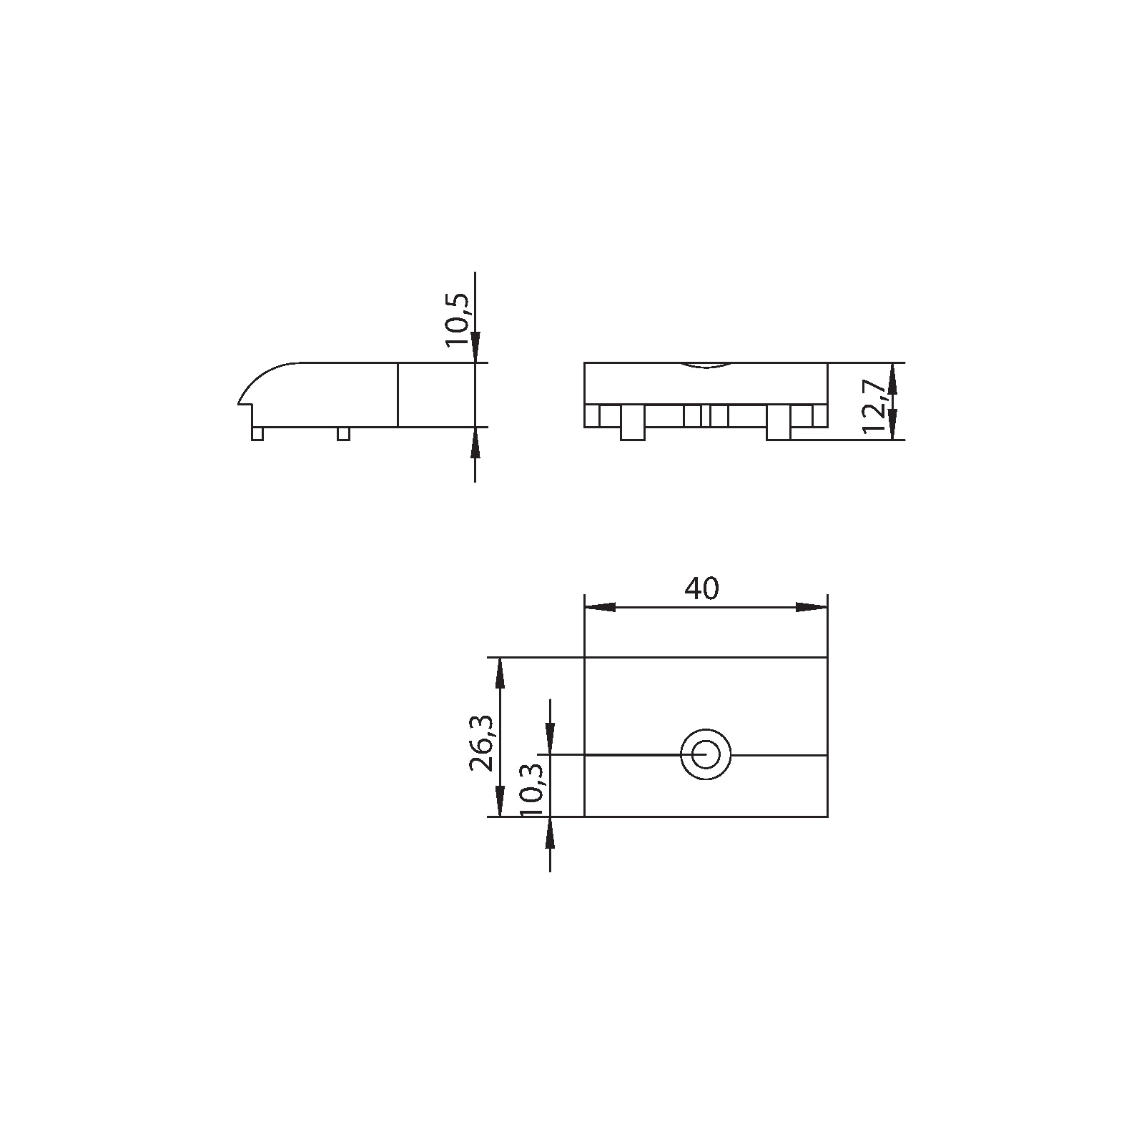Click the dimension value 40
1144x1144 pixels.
click(701, 588)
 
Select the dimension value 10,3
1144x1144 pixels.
click(533, 791)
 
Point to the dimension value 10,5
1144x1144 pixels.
click(458, 320)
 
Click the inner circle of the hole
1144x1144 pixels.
click(705, 754)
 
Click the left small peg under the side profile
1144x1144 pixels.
click(257, 433)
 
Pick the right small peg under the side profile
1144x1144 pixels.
click(343, 433)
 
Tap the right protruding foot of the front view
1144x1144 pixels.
click(778, 423)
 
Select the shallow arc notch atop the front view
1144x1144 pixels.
click(706, 366)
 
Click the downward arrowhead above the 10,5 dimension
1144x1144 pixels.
click(475, 349)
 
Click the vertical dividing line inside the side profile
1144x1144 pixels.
click(398, 395)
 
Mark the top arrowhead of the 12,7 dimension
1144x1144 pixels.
click(892, 376)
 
